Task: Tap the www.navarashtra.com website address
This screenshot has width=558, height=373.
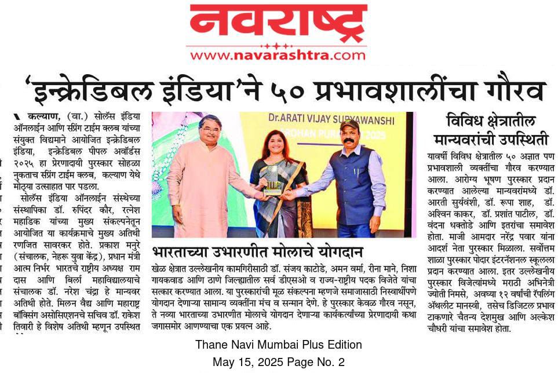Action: (278, 56)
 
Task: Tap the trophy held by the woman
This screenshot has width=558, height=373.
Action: (271, 180)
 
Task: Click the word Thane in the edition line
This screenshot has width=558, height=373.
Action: (210, 345)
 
